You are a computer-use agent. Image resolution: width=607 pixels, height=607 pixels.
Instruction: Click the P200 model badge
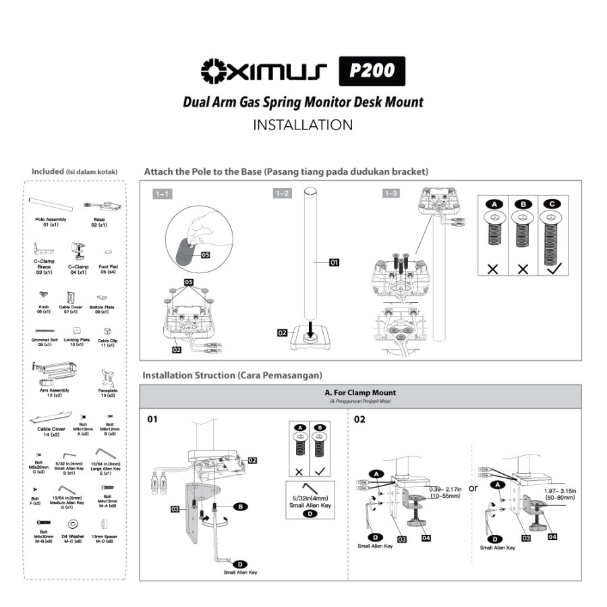pos(372,72)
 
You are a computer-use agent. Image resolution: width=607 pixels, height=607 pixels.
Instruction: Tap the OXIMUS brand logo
pos(264,71)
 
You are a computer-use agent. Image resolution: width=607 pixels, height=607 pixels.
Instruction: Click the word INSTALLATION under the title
pos(303,125)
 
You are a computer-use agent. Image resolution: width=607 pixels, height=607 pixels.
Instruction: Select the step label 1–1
pos(163,194)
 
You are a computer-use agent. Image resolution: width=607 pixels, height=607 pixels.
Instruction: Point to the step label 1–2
pos(283,194)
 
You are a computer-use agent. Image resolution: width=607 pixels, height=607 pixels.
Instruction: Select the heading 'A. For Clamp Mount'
pos(360,393)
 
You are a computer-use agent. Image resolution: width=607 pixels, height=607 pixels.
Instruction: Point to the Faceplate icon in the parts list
pos(107,379)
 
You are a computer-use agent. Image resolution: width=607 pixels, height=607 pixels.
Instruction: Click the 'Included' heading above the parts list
pos(47,171)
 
